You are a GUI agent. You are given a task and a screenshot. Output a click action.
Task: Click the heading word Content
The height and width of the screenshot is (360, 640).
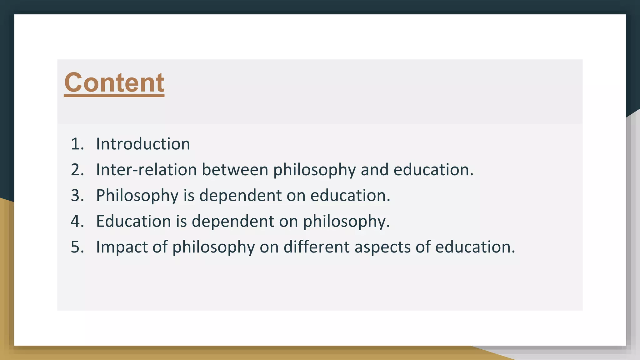[114, 82]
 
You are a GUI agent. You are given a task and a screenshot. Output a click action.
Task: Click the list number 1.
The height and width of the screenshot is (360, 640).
[77, 144]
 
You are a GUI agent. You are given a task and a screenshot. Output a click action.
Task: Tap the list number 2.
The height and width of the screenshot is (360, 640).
[77, 170]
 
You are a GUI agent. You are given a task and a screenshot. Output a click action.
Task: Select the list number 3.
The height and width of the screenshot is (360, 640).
[77, 195]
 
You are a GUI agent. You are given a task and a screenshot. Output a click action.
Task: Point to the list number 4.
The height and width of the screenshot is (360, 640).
[77, 221]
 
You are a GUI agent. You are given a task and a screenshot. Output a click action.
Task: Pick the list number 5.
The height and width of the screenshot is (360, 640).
[77, 247]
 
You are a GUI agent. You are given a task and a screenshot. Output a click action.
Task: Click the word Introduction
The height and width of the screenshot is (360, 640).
[143, 144]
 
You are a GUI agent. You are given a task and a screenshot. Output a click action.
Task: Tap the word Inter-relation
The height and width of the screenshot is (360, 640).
[146, 170]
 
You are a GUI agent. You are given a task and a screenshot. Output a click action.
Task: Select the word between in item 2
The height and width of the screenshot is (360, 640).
[235, 170]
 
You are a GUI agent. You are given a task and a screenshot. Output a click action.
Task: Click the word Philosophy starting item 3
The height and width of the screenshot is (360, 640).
[137, 196]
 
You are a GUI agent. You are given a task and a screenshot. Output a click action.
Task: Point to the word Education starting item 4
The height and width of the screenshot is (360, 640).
[133, 221]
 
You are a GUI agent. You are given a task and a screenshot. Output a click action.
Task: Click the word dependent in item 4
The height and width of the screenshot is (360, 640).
[233, 221]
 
